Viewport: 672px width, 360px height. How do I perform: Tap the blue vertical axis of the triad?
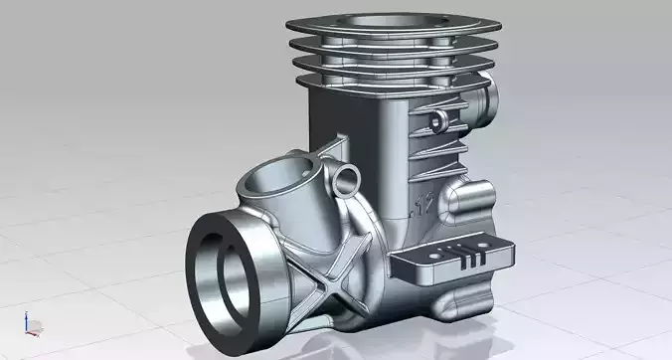pos(29,318)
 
